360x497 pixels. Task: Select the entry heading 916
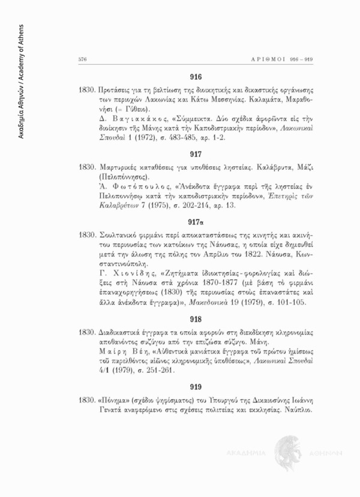click(196, 77)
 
